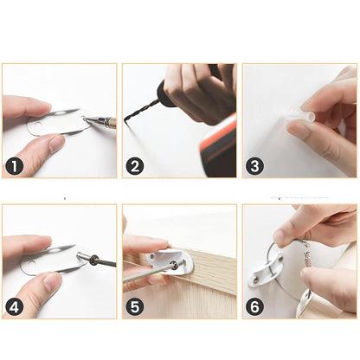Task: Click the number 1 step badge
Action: [x=16, y=165]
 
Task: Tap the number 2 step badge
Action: [x=135, y=165]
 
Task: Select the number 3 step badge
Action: [x=255, y=165]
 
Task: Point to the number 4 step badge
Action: [x=16, y=306]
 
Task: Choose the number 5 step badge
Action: [x=135, y=306]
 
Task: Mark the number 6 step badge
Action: [x=255, y=306]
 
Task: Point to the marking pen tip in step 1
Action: [x=86, y=121]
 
